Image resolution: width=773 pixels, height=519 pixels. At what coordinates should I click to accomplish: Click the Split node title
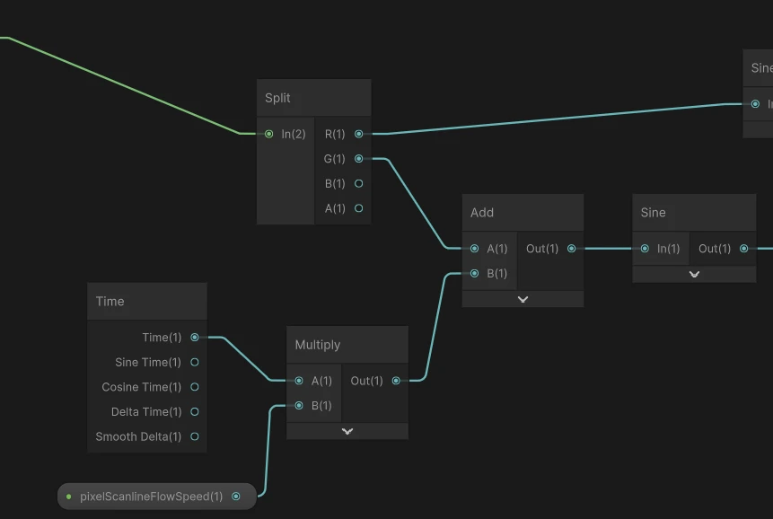click(278, 98)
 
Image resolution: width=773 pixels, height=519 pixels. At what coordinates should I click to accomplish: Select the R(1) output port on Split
click(359, 134)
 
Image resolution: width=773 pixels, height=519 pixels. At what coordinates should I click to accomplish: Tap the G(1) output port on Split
click(359, 159)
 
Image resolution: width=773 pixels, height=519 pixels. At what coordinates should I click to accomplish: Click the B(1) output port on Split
click(359, 183)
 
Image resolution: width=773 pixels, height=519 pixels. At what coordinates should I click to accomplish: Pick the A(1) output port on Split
click(359, 208)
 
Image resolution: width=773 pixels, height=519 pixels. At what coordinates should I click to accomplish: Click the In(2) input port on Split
click(268, 134)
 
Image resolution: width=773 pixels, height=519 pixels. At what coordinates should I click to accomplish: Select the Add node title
click(482, 213)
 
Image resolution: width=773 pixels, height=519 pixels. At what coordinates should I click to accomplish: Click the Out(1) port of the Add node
click(572, 249)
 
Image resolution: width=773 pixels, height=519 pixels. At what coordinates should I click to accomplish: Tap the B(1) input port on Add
click(474, 274)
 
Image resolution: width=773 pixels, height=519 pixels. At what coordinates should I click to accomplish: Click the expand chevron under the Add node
click(523, 299)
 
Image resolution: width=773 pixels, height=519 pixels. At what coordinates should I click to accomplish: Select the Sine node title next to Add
click(654, 213)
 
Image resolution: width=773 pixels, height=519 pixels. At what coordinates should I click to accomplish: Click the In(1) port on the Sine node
click(645, 249)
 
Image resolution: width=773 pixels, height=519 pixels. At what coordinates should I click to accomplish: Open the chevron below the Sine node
click(694, 275)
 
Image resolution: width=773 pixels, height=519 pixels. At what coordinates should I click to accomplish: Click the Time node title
click(110, 302)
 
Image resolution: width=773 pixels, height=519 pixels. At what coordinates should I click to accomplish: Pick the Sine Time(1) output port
click(195, 363)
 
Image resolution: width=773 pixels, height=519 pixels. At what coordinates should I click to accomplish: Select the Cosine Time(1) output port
click(195, 387)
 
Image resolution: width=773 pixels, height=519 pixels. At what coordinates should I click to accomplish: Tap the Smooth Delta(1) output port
click(195, 436)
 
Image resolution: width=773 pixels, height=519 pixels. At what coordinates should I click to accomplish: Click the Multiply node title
click(318, 345)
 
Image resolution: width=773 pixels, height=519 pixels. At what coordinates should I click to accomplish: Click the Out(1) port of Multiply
click(396, 381)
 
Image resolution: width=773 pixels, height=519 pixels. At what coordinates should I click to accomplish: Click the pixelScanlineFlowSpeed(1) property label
click(152, 497)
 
